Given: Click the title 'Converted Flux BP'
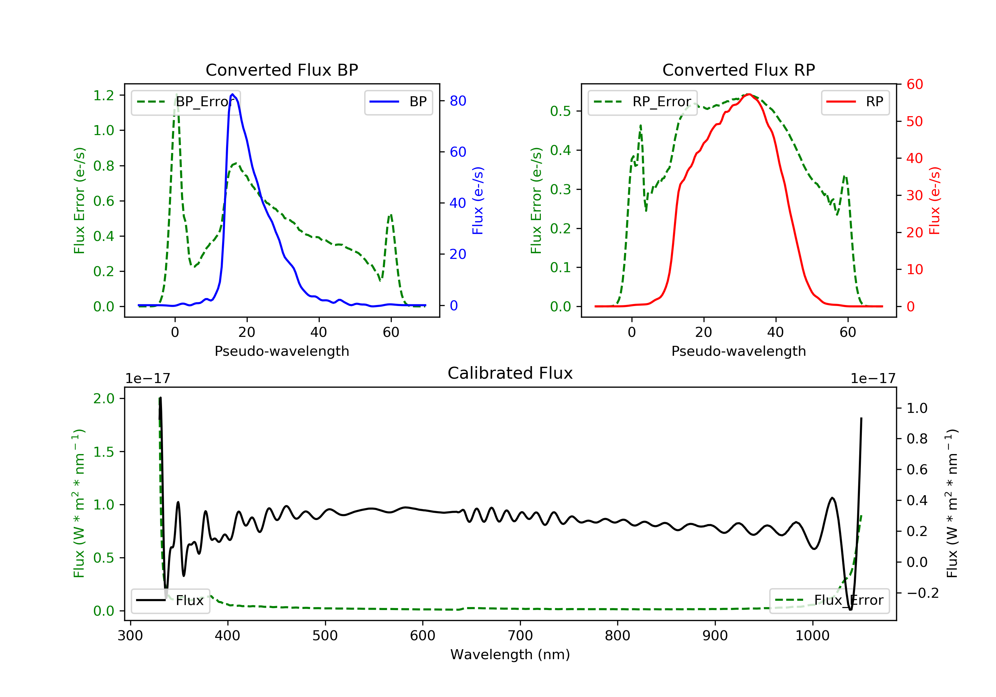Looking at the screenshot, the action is pos(282,70).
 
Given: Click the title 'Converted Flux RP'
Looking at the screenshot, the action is pos(738,70).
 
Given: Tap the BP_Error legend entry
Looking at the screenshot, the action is pos(185,102).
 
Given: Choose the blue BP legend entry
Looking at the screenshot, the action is pos(398,102).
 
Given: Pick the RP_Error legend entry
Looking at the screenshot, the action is pos(642,102).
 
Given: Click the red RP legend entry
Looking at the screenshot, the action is pos(855,102).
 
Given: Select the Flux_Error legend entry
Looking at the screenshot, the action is pos(829,600).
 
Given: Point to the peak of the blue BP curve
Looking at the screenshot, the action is pos(232,94).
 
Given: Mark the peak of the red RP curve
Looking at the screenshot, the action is pos(749,94).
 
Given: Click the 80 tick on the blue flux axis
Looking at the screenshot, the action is pos(457,101).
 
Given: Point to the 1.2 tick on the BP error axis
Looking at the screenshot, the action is pos(104,95).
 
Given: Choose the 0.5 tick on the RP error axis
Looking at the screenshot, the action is pos(560,111).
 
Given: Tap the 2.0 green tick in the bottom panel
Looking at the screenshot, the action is pos(104,399).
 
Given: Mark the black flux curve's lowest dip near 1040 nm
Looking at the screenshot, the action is pos(850,609).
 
